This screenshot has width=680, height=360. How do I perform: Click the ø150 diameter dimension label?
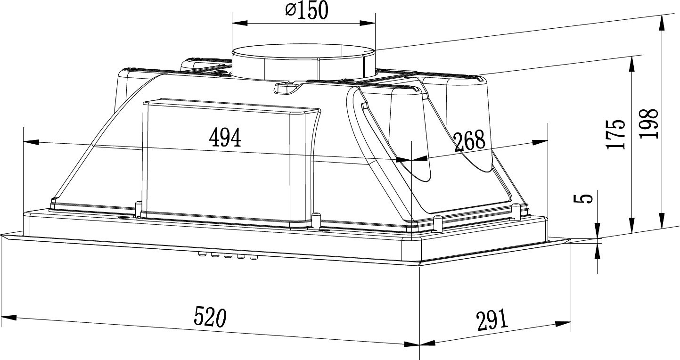[x=307, y=10]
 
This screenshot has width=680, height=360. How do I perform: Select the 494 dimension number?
[x=225, y=137]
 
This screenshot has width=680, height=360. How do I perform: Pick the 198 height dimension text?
[x=648, y=123]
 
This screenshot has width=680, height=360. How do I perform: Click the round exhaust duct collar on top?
[x=303, y=64]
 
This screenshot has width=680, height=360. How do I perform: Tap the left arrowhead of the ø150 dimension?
[x=239, y=23]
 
